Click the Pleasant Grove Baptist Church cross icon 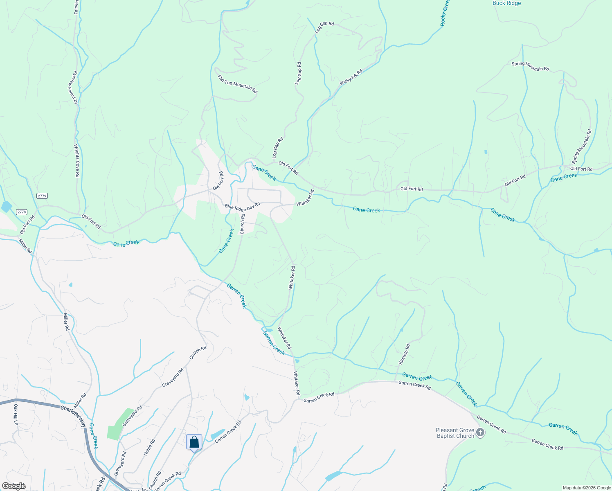[480, 432]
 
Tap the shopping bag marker [194, 442]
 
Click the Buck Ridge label [506, 3]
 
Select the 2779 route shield [42, 196]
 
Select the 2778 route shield [22, 212]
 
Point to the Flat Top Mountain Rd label [237, 84]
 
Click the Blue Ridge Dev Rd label [242, 206]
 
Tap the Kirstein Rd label [404, 354]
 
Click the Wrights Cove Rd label [76, 160]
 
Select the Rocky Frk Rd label [351, 77]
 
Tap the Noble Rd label [149, 447]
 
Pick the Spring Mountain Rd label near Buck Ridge [530, 66]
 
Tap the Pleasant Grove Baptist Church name [454, 433]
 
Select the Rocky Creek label [445, 13]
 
